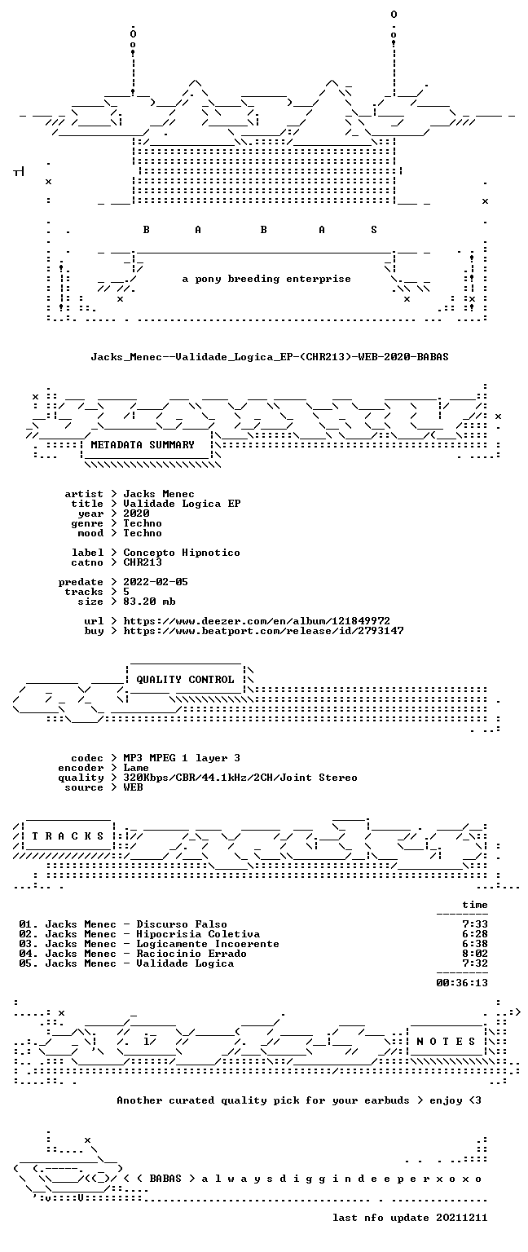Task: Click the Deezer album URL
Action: [x=257, y=621]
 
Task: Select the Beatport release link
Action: [x=263, y=631]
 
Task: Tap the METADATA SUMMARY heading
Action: [x=143, y=445]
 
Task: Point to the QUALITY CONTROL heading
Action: [x=185, y=680]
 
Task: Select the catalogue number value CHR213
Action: [x=143, y=562]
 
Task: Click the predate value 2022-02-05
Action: [x=156, y=582]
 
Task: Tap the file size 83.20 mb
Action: [x=149, y=602]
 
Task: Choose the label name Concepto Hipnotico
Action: [x=182, y=553]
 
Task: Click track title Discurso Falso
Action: [x=182, y=924]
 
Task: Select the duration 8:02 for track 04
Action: [x=475, y=954]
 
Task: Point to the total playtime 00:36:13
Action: [x=462, y=982]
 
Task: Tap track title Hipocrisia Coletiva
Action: [x=198, y=934]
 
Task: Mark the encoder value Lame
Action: [x=136, y=768]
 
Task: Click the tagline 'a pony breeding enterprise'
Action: [x=266, y=279]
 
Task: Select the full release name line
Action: [x=270, y=356]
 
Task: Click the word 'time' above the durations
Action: [x=475, y=905]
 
